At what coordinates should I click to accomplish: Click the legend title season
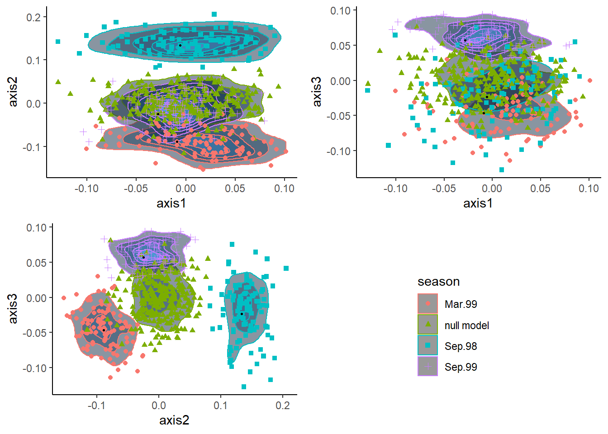point(438,282)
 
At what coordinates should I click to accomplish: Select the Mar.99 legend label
point(461,304)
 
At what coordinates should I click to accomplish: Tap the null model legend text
point(466,325)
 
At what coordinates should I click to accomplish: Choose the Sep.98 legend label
point(461,346)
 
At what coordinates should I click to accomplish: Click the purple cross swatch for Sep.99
point(427,367)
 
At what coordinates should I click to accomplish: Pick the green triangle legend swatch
point(427,325)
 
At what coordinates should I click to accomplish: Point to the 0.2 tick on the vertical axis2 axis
point(33,18)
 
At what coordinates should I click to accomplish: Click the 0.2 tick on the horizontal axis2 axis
point(283,405)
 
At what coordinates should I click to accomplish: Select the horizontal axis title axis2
point(174,420)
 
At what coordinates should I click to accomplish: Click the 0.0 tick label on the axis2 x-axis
point(158,405)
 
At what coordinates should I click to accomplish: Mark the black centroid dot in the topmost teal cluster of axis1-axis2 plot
point(180,45)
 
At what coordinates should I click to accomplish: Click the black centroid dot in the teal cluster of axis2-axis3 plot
point(242,314)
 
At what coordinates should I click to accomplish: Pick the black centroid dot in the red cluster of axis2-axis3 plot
point(104,330)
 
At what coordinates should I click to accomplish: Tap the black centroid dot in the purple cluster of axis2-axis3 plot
point(143,257)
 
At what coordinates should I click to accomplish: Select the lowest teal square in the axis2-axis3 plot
point(244,387)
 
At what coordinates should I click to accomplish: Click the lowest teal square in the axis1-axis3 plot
point(501,170)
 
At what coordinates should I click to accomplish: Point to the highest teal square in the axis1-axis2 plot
point(214,14)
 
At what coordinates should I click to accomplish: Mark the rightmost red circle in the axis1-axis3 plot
point(589,80)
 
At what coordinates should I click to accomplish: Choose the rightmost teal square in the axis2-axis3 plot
point(286,269)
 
